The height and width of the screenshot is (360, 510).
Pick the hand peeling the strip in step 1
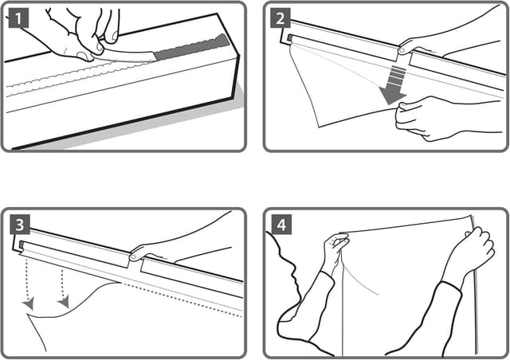pos(80,32)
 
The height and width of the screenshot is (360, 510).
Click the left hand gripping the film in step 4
pos(335,251)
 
